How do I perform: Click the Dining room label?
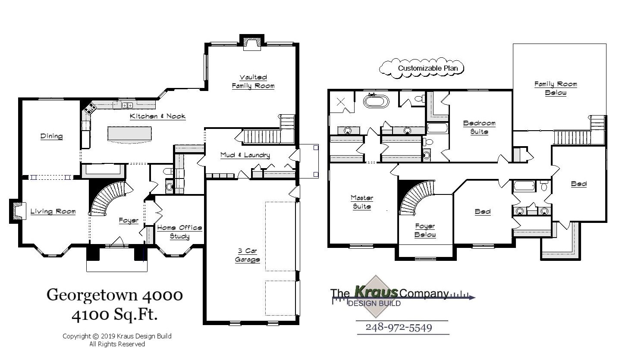(x=52, y=136)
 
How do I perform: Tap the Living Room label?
(x=53, y=211)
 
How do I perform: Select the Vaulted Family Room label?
(x=253, y=81)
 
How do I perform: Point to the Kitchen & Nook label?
(x=158, y=116)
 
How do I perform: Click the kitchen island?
(x=130, y=133)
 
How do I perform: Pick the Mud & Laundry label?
(x=245, y=155)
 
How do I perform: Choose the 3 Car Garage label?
(x=247, y=255)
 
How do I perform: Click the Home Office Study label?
(x=179, y=232)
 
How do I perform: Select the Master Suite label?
(x=361, y=202)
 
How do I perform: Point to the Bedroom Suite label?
(x=479, y=128)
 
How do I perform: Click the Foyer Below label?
(x=425, y=231)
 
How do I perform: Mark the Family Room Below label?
(x=556, y=88)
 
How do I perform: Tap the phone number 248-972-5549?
(x=399, y=327)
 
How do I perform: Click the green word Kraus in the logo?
(x=376, y=292)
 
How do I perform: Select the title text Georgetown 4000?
(x=115, y=295)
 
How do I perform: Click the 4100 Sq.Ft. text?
(x=115, y=315)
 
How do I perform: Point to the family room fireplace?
(x=251, y=43)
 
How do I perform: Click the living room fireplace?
(x=17, y=211)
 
